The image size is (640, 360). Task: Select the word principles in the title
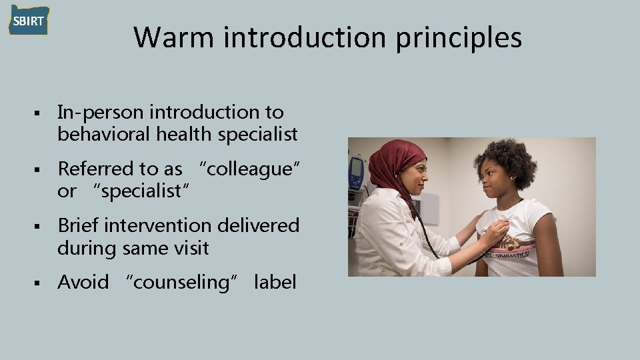click(459, 39)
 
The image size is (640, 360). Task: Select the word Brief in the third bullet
click(79, 226)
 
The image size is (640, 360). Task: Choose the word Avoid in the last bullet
click(83, 283)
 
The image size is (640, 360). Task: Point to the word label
click(275, 283)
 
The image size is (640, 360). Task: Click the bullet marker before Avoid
click(41, 283)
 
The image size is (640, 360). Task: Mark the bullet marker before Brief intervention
click(41, 227)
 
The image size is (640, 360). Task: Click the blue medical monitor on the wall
click(357, 171)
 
